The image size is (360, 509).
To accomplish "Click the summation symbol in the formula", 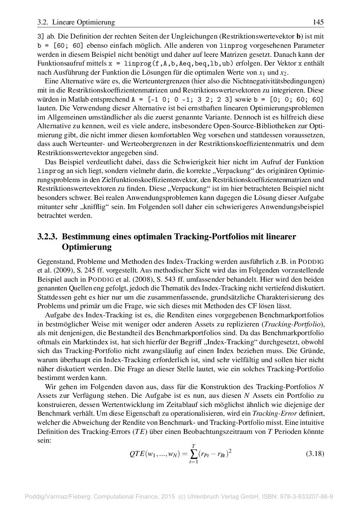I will click(193, 454).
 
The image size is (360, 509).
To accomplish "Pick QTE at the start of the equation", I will click(137, 454).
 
